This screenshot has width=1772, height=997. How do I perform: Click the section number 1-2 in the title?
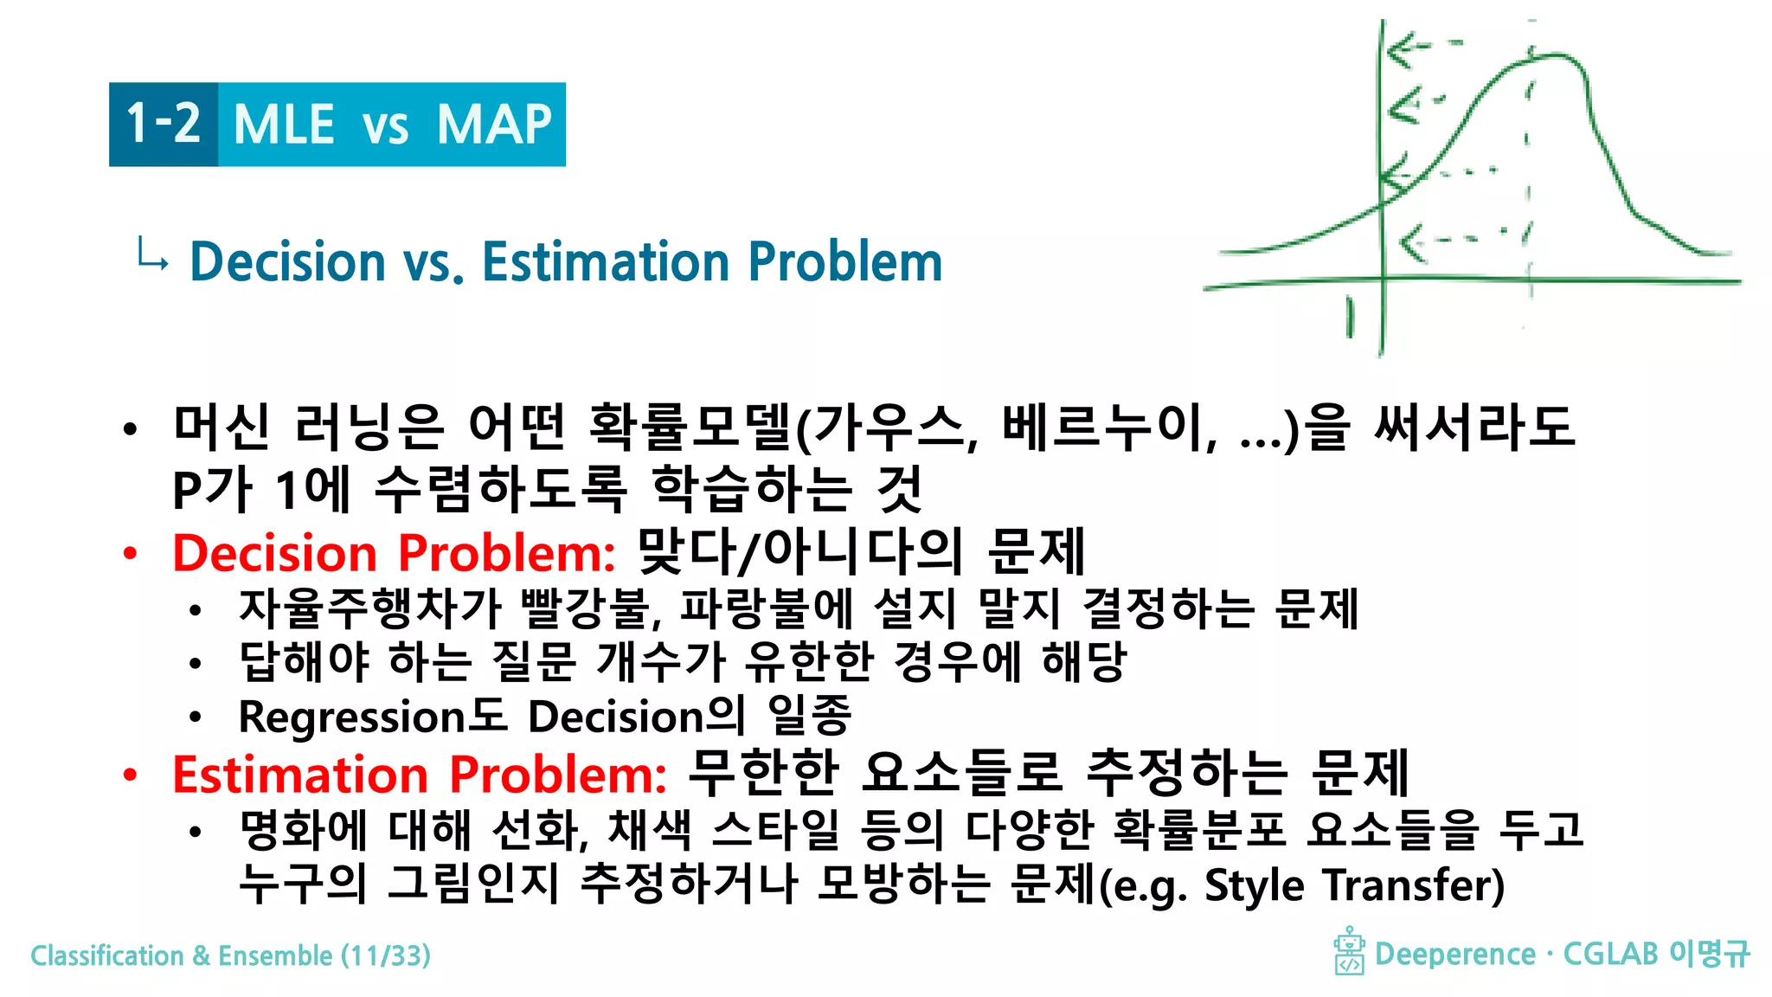163,123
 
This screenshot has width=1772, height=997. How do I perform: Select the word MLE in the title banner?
284,125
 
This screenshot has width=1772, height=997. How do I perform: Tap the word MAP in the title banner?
494,125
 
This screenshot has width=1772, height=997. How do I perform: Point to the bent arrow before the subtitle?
152,256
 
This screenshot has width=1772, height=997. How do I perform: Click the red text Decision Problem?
394,553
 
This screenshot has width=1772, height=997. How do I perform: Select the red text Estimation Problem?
419,774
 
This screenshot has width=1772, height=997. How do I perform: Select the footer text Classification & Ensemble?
181,955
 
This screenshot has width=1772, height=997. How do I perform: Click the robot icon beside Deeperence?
1349,951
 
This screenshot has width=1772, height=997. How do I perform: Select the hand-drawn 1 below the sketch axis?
1350,317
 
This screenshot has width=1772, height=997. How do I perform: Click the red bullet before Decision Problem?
130,554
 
